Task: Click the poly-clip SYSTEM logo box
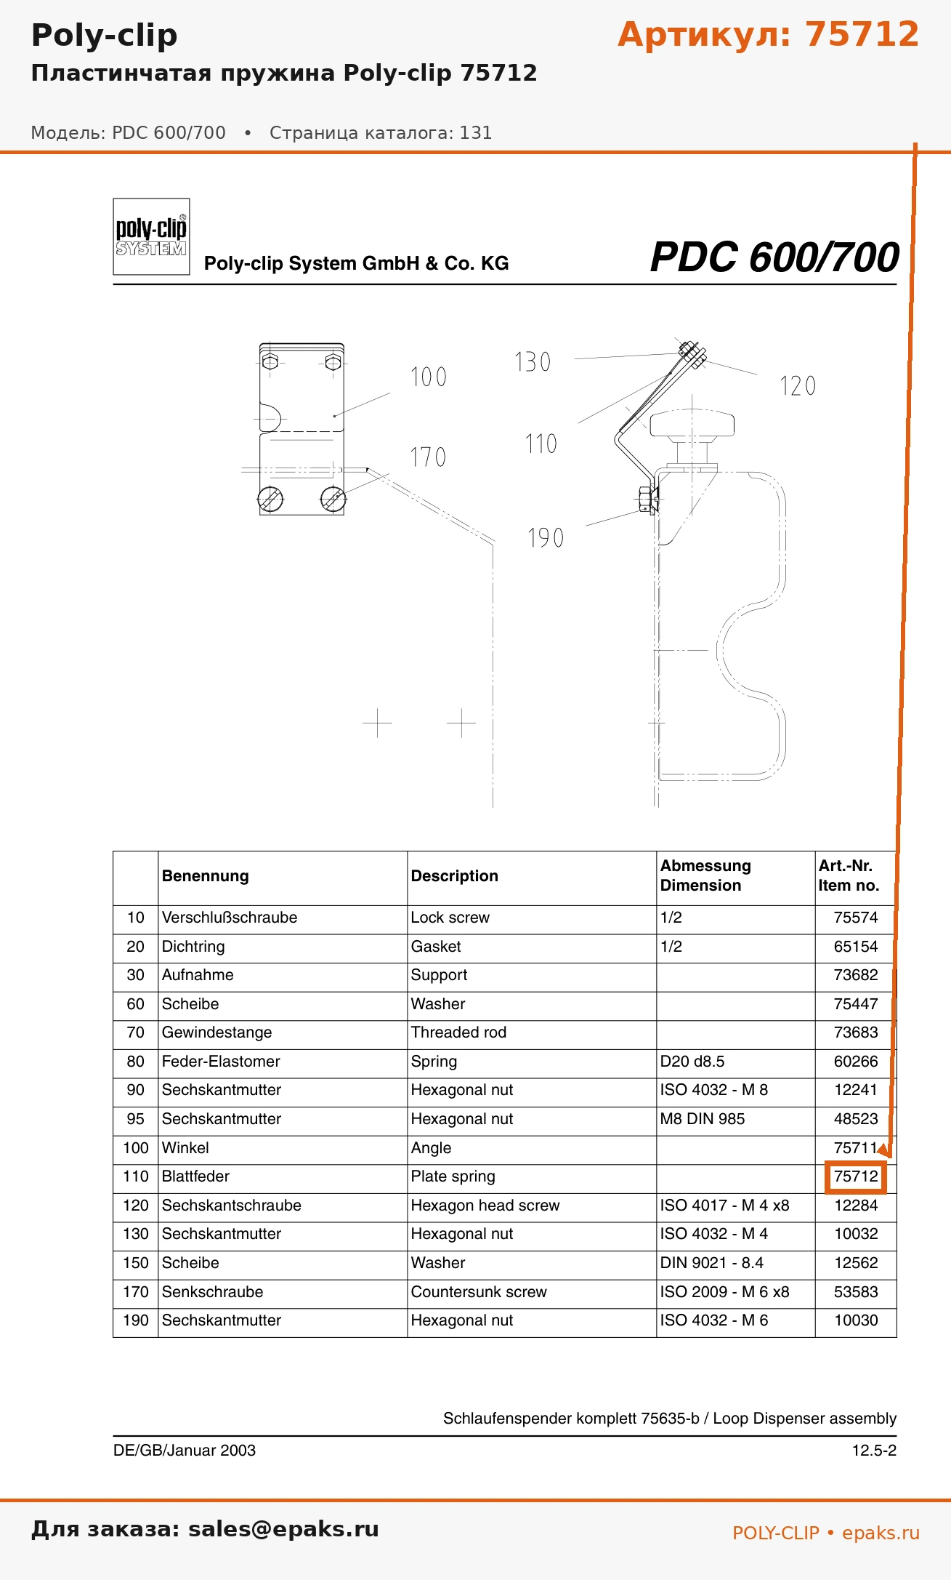[x=151, y=237]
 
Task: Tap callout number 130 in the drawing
[x=533, y=362]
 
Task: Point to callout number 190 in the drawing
[x=546, y=538]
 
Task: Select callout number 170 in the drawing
[x=428, y=457]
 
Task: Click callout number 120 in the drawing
[x=798, y=386]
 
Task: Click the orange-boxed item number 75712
[x=856, y=1176]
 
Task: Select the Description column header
[x=455, y=876]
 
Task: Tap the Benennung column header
[x=206, y=876]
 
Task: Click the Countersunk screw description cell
[x=479, y=1292]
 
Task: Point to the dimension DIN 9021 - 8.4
[x=712, y=1263]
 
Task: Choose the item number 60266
[x=856, y=1062]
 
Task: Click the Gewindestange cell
[x=216, y=1032]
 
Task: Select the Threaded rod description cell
[x=458, y=1032]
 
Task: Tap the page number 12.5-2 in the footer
[x=874, y=1451]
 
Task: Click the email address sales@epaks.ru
[x=283, y=1529]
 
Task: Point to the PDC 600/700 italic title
[x=774, y=257]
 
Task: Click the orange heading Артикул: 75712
[x=768, y=34]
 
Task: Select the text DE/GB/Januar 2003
[x=185, y=1451]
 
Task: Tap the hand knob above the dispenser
[x=692, y=426]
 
